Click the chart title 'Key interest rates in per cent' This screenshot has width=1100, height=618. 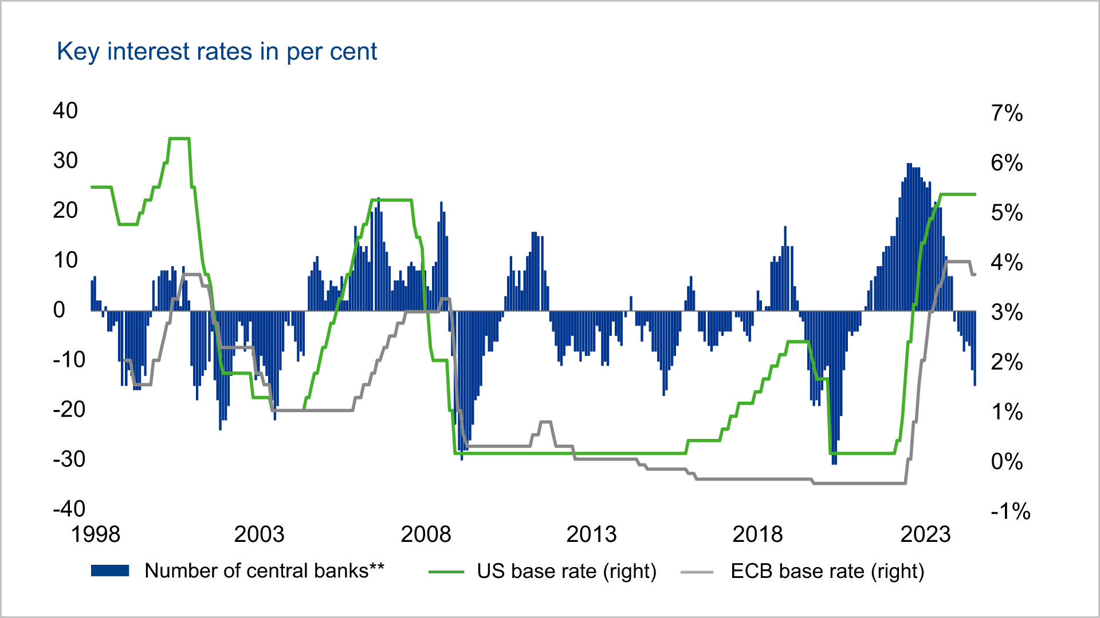click(217, 51)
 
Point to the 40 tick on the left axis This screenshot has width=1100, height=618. click(65, 110)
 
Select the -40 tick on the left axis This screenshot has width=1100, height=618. click(69, 508)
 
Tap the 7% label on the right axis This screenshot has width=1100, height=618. click(1007, 113)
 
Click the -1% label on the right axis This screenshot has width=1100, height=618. click(1010, 511)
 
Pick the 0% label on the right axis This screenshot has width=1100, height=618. click(1007, 461)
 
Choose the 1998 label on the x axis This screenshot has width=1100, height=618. click(95, 534)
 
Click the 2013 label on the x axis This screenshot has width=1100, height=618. click(591, 534)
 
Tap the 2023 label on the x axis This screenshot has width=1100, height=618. click(925, 534)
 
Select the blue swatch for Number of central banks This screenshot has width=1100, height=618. click(110, 571)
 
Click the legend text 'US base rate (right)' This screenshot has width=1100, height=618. click(566, 571)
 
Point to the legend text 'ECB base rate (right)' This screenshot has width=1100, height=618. click(827, 571)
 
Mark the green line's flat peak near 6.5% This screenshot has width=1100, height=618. click(179, 138)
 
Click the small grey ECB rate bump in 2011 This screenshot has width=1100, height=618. click(545, 422)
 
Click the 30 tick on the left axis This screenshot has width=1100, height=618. click(65, 160)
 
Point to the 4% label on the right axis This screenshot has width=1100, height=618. click(1007, 263)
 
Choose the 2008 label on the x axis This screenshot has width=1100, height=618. click(426, 534)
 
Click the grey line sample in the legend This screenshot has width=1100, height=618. click(697, 572)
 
